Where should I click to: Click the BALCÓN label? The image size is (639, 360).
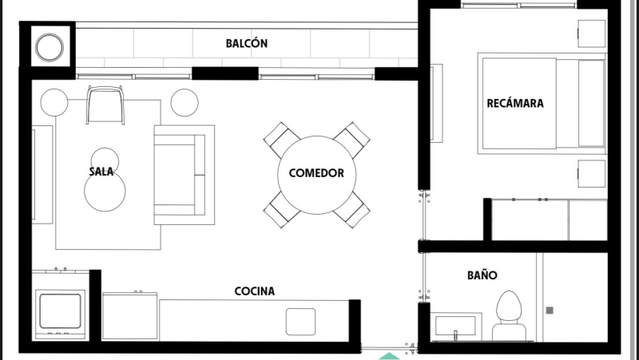[x=246, y=44]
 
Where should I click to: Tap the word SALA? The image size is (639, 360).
[x=101, y=172]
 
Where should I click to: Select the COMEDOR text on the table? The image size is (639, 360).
[x=316, y=173]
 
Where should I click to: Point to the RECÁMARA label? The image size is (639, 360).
[x=515, y=103]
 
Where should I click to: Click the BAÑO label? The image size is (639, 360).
[x=482, y=275]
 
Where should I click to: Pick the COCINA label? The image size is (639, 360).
[x=254, y=291]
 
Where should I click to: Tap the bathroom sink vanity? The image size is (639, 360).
[x=455, y=326]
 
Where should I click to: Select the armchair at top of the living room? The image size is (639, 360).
[x=106, y=105]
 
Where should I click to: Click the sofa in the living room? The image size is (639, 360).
[x=184, y=174]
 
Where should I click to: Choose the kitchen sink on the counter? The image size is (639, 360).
[x=300, y=321]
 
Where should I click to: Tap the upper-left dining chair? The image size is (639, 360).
[x=281, y=139]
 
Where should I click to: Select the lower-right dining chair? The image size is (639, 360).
[x=351, y=208]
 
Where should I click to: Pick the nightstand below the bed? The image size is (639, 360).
[x=592, y=173]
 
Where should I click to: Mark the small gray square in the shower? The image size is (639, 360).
[x=549, y=310]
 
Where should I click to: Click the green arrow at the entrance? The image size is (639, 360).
[x=389, y=355]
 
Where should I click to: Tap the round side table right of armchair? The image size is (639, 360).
[x=184, y=102]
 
